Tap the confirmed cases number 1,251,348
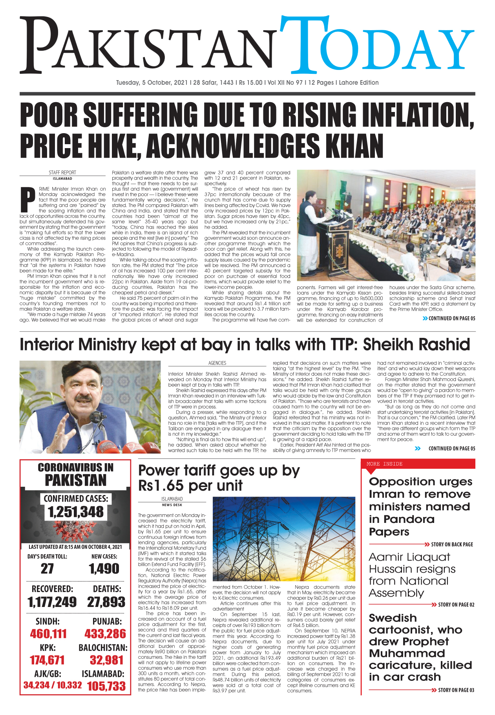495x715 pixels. tap(76, 512)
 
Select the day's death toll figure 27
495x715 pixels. tap(47, 568)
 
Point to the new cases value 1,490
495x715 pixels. tap(104, 568)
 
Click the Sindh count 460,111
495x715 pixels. tap(48, 634)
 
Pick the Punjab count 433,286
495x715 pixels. tap(105, 634)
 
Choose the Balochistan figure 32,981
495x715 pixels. tap(106, 660)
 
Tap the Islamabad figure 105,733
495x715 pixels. tap(106, 686)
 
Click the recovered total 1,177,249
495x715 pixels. tap(52, 602)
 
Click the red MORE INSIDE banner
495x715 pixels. tap(418, 464)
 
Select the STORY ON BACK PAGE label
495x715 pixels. tap(452, 544)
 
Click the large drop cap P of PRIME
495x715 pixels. tap(27, 200)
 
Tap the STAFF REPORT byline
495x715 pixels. tap(62, 172)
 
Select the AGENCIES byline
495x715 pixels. tap(217, 363)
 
